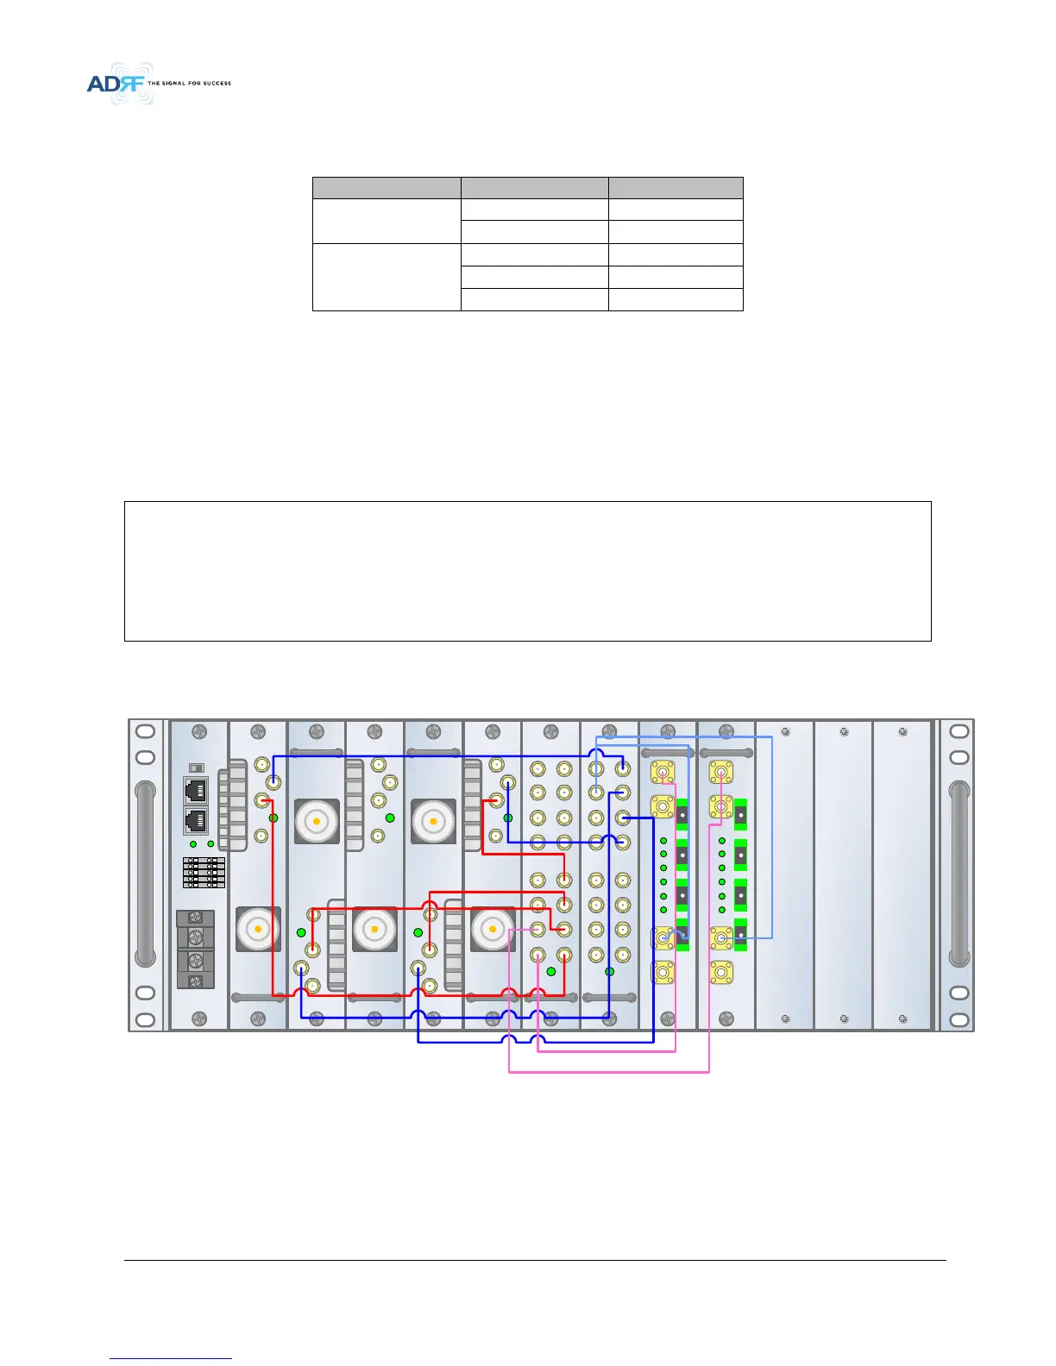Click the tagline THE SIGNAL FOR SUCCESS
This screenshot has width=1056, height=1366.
pos(190,84)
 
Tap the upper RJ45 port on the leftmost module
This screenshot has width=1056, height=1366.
pos(196,790)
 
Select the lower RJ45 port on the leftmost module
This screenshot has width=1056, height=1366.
pos(196,820)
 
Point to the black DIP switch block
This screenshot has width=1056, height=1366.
pos(204,872)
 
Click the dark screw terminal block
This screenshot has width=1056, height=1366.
pos(196,949)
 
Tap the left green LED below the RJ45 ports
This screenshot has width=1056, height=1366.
pos(193,843)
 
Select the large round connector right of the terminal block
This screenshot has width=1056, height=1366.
pos(258,929)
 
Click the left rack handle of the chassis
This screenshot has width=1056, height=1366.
pos(146,873)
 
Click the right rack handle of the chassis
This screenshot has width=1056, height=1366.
pos(958,873)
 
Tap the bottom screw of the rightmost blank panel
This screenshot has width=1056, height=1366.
pos(902,1018)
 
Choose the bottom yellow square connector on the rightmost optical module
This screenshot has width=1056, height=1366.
pos(721,974)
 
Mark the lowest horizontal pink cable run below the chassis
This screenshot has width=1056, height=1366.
pos(609,1072)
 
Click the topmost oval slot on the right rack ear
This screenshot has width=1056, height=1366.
pos(959,732)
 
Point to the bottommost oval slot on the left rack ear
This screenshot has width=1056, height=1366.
pos(146,1018)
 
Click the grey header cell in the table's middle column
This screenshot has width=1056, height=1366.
pos(534,188)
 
